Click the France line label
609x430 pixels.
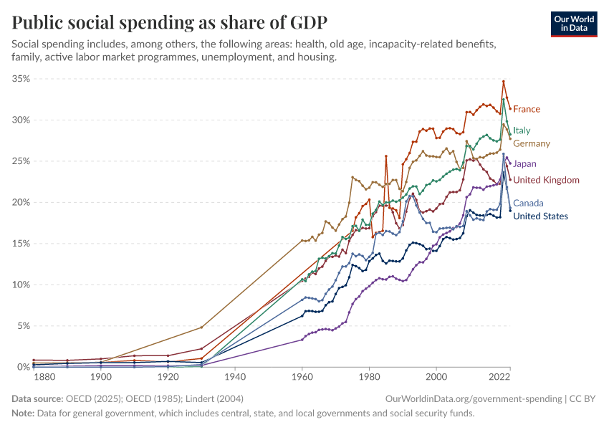pyautogui.click(x=527, y=109)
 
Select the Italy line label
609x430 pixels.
pyautogui.click(x=522, y=130)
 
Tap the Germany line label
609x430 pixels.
pyautogui.click(x=531, y=143)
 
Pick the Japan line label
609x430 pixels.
pyautogui.click(x=524, y=163)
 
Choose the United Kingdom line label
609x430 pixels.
pyautogui.click(x=546, y=180)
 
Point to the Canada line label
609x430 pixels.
pyautogui.click(x=528, y=203)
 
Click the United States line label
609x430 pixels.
pyautogui.click(x=540, y=216)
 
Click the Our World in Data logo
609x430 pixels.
pyautogui.click(x=574, y=24)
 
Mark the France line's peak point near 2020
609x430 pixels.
pyautogui.click(x=504, y=81)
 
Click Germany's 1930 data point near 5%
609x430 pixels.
pyautogui.click(x=201, y=327)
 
